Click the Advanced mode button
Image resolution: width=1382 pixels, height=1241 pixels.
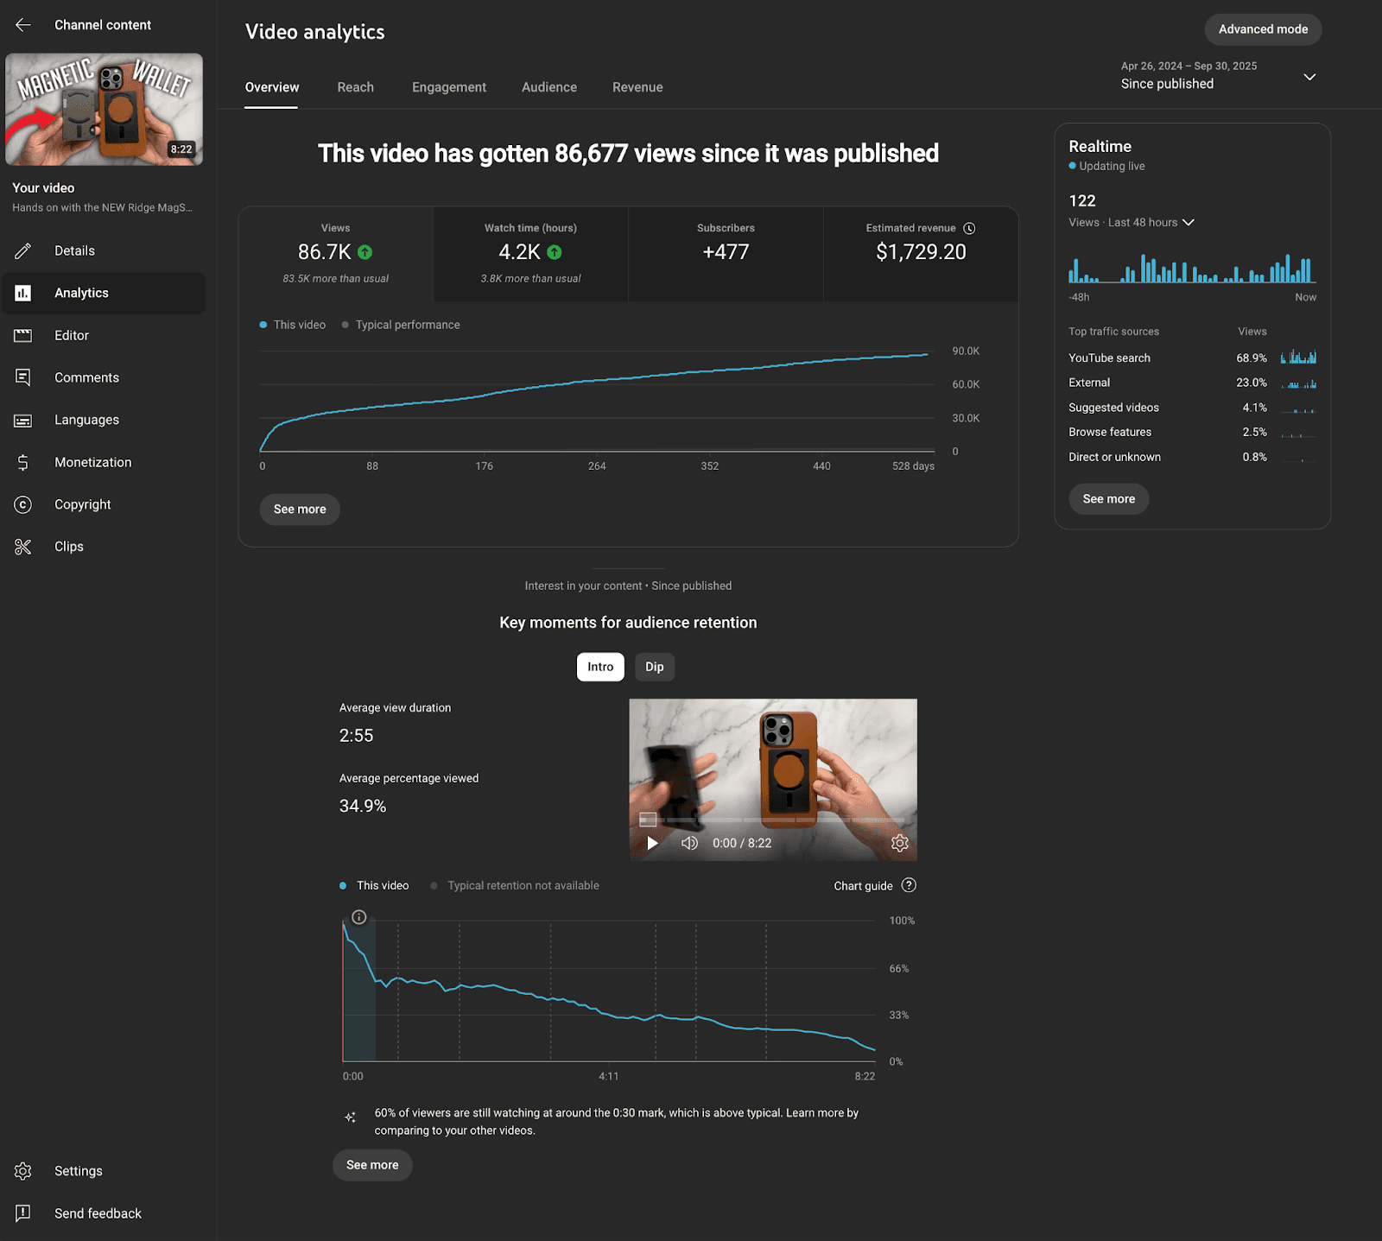coord(1263,29)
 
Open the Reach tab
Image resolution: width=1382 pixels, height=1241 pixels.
coord(355,87)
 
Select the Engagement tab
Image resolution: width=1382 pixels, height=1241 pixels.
coord(448,87)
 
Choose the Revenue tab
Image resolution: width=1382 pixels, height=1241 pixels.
coord(637,87)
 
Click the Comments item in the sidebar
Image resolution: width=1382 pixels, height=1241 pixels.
coord(86,377)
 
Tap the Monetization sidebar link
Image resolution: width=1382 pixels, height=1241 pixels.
coord(92,462)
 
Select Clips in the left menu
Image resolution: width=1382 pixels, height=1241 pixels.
coord(69,547)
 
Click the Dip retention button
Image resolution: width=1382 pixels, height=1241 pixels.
coord(654,667)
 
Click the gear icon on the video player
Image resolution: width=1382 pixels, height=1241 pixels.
coord(899,843)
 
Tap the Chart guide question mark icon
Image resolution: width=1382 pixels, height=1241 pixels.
coord(909,885)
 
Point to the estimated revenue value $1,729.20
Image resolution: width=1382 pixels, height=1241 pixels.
coord(921,252)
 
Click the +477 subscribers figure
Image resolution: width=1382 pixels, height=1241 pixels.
coord(726,252)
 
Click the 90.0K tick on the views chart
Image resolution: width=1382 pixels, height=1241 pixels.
coord(966,351)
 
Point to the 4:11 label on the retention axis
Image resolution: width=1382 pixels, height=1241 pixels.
coord(608,1076)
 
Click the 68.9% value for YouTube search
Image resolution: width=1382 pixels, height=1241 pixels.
coord(1251,358)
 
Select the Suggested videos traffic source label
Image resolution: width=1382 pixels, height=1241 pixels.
coord(1113,408)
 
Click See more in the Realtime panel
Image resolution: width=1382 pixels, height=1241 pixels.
coord(1108,499)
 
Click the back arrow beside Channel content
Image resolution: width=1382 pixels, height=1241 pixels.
coord(23,25)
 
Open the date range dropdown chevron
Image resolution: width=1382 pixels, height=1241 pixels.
coord(1309,77)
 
